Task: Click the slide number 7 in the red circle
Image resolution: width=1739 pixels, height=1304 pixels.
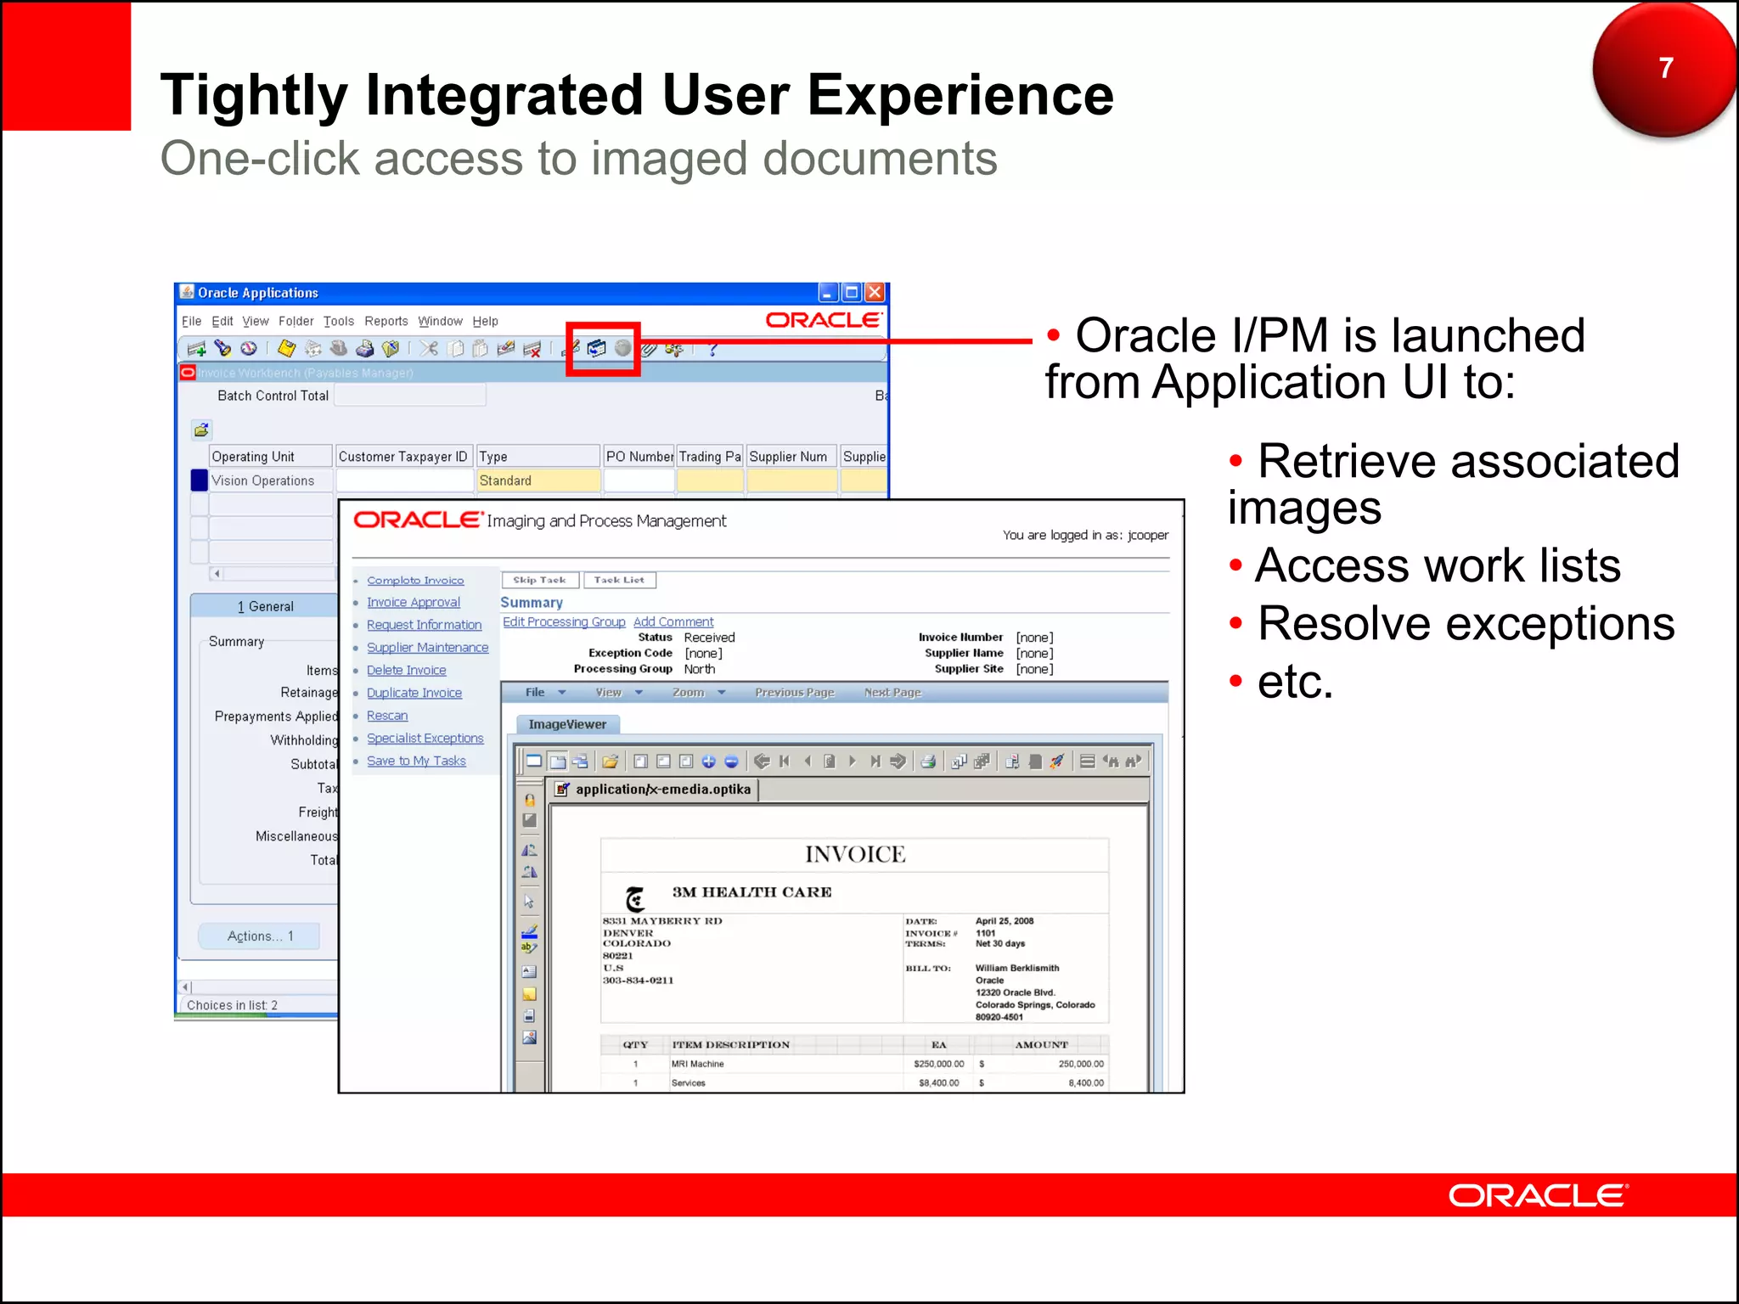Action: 1665,68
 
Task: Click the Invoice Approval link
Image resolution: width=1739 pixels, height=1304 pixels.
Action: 413,603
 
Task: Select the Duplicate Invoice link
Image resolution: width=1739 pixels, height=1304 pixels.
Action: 414,694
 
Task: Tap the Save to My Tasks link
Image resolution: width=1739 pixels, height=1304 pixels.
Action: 416,762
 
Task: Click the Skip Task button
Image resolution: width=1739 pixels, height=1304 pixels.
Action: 539,581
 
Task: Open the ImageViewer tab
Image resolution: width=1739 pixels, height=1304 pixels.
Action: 567,725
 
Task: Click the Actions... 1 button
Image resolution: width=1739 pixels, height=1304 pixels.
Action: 260,936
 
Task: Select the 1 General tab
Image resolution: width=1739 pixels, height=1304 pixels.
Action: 265,607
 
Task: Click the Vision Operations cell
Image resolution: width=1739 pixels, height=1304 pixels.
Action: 263,481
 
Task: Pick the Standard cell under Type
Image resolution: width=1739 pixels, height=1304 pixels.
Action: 537,481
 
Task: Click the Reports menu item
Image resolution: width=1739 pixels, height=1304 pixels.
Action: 386,322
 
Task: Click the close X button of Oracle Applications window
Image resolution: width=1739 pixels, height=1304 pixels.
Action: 875,293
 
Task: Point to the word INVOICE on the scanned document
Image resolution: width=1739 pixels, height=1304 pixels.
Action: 854,855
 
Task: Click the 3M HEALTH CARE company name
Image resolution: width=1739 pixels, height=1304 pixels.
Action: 751,892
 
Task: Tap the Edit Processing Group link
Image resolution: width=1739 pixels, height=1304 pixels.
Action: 564,622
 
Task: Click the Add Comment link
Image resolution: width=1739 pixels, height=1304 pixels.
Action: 673,622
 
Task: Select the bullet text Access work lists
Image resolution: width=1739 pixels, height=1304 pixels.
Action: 1437,566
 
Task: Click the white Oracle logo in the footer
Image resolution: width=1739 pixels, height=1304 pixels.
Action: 1537,1196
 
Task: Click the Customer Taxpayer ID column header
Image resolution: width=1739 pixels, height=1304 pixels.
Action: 402,457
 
